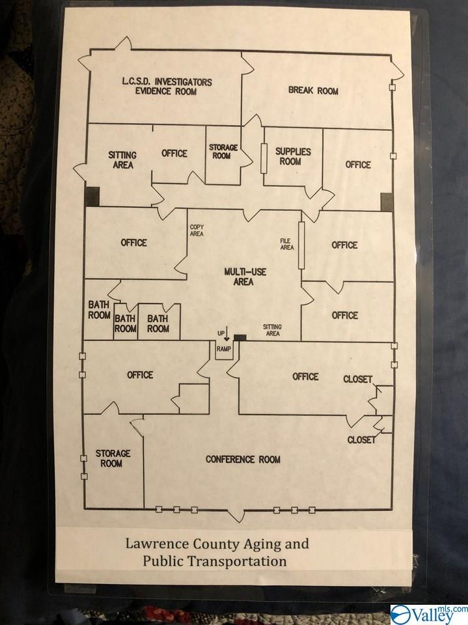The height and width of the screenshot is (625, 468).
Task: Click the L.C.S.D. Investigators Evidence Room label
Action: coord(167,87)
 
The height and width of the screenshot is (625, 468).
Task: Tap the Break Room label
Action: coord(313,90)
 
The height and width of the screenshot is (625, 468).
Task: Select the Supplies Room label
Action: coord(292,156)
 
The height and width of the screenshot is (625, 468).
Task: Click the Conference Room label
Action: coord(243,460)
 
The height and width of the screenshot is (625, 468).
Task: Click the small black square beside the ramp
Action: coord(240,337)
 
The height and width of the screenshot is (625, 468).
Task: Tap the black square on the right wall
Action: coord(387,201)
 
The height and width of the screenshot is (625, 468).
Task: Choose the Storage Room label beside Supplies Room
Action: coord(223,152)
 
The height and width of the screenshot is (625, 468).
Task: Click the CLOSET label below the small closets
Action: coord(361,440)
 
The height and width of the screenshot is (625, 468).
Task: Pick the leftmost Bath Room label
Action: coord(99,310)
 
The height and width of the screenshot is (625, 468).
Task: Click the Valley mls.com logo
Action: coord(429,614)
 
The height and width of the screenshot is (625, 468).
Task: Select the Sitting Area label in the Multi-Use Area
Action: coord(271,330)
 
